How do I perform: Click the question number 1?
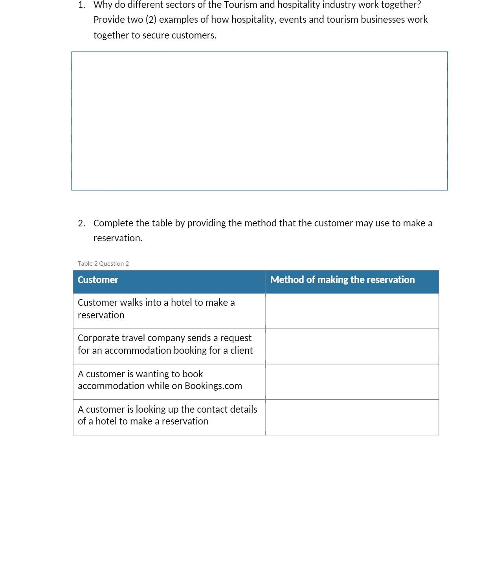click(x=81, y=5)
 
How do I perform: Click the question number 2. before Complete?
click(x=81, y=223)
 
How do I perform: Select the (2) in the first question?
click(x=151, y=20)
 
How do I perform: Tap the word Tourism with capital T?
click(x=240, y=5)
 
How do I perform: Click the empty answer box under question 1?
click(x=259, y=121)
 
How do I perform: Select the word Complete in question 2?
click(x=113, y=223)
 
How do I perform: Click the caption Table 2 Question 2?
click(x=103, y=264)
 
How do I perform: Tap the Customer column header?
click(x=98, y=280)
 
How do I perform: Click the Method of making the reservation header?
click(x=342, y=280)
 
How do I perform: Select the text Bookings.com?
click(x=213, y=386)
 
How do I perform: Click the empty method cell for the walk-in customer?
click(x=352, y=311)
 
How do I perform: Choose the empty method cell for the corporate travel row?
click(x=352, y=346)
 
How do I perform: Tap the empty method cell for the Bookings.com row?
click(x=352, y=382)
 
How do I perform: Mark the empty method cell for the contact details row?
click(x=352, y=417)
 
